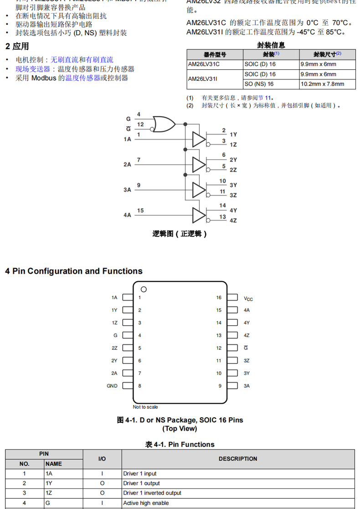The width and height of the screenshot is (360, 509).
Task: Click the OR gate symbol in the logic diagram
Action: coord(165,124)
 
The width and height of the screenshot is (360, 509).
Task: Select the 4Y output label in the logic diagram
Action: coord(233,211)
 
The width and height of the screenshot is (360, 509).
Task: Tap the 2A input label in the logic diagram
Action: coord(127,164)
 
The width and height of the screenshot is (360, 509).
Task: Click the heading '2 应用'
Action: coord(17,47)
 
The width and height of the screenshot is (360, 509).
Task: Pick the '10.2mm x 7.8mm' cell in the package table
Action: coord(322,84)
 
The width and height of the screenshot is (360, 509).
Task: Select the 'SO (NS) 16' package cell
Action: coord(259,84)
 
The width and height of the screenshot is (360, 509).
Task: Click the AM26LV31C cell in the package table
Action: coord(204,64)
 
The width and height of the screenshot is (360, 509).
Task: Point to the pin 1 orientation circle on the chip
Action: coord(144,289)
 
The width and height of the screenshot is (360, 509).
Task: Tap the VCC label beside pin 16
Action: coord(248,299)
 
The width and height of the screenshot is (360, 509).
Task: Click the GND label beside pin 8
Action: coord(112,386)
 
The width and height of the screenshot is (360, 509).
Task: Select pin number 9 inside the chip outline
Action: coord(220,386)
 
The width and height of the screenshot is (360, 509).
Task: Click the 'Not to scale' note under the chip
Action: coord(145,407)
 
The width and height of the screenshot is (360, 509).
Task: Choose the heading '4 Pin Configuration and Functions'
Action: coord(74,271)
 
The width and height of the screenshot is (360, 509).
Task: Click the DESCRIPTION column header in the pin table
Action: coord(237,459)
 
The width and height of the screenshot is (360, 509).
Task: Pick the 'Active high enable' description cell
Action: coord(146,503)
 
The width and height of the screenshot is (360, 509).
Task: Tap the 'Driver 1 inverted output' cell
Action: coord(152,493)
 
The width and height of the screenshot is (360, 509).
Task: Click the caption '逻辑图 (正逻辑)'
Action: coord(180,234)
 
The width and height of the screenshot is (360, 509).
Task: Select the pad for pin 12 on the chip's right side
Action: coord(232,348)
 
